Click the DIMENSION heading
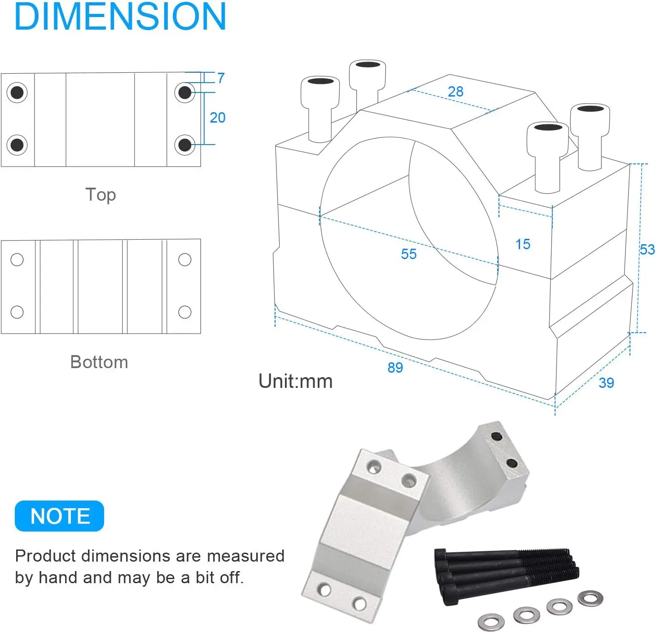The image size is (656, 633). click(x=120, y=17)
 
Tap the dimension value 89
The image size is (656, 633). click(x=395, y=368)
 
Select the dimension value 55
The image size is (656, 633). click(x=409, y=254)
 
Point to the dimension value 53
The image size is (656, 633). click(x=647, y=250)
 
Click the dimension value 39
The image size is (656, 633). click(x=606, y=383)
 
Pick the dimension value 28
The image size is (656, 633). click(x=455, y=92)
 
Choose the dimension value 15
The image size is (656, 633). click(x=523, y=244)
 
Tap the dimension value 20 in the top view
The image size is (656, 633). click(x=218, y=118)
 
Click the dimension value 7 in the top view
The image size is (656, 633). click(x=221, y=78)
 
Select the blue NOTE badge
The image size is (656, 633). click(x=60, y=516)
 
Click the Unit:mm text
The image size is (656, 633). click(x=295, y=382)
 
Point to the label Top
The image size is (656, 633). click(x=101, y=195)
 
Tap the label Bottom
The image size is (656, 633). click(x=99, y=362)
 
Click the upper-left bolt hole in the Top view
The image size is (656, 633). click(x=17, y=93)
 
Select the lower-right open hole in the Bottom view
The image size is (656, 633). click(x=185, y=312)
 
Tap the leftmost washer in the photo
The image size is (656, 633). click(x=491, y=623)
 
